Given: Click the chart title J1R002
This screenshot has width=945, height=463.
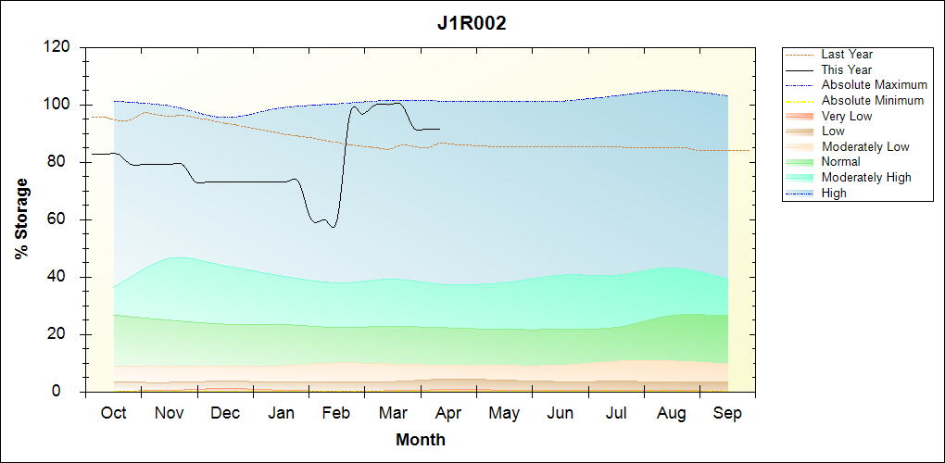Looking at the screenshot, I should (472, 24).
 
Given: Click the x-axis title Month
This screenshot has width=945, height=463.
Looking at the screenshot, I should (421, 439).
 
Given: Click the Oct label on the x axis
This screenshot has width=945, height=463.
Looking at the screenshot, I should (113, 412).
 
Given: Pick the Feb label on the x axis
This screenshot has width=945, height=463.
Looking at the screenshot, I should (336, 412).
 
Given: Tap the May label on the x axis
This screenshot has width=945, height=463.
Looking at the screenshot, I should (503, 412).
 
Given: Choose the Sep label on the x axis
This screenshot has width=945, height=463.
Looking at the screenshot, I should (727, 412).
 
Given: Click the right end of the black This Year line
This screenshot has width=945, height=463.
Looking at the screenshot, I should (440, 130).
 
